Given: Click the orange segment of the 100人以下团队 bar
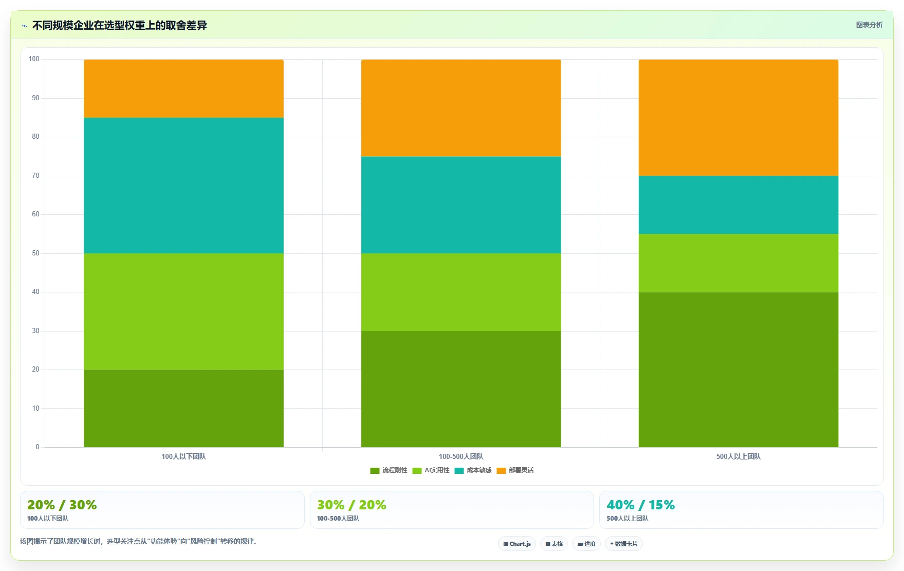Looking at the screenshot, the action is click(x=183, y=88).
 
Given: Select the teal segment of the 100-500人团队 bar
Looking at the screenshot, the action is click(x=461, y=205).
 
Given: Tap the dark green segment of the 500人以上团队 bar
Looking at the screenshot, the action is click(x=739, y=370).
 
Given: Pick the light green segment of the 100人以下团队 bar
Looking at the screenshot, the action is click(x=183, y=311).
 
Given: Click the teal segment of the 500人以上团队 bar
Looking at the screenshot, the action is click(x=739, y=205).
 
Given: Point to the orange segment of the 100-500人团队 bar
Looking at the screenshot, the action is click(x=461, y=108).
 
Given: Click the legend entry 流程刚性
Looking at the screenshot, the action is click(x=389, y=470).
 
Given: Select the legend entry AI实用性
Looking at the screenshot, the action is click(x=431, y=470).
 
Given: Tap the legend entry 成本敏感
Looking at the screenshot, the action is click(x=473, y=470).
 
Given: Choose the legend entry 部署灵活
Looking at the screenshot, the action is click(x=515, y=470).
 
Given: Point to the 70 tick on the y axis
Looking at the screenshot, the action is click(x=35, y=176).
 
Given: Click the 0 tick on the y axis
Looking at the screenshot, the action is click(x=37, y=447).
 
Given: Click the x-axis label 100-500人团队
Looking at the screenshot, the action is click(x=461, y=456).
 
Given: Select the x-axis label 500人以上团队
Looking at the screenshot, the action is click(x=739, y=456).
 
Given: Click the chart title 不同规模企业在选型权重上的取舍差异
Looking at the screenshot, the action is click(x=119, y=25).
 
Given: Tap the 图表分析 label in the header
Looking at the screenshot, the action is click(x=869, y=25).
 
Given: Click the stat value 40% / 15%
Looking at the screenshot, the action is click(x=640, y=505).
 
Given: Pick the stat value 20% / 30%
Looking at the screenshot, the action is click(x=62, y=505).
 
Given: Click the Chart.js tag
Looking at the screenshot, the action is click(x=517, y=544).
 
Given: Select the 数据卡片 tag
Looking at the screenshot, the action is click(x=624, y=544).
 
